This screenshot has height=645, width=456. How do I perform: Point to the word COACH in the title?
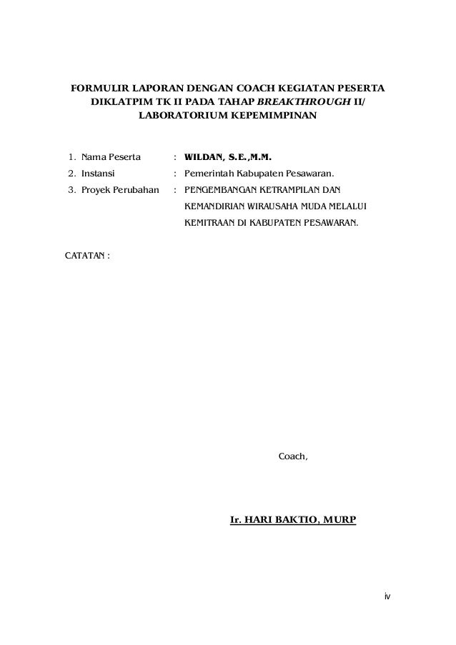pos(237,89)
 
